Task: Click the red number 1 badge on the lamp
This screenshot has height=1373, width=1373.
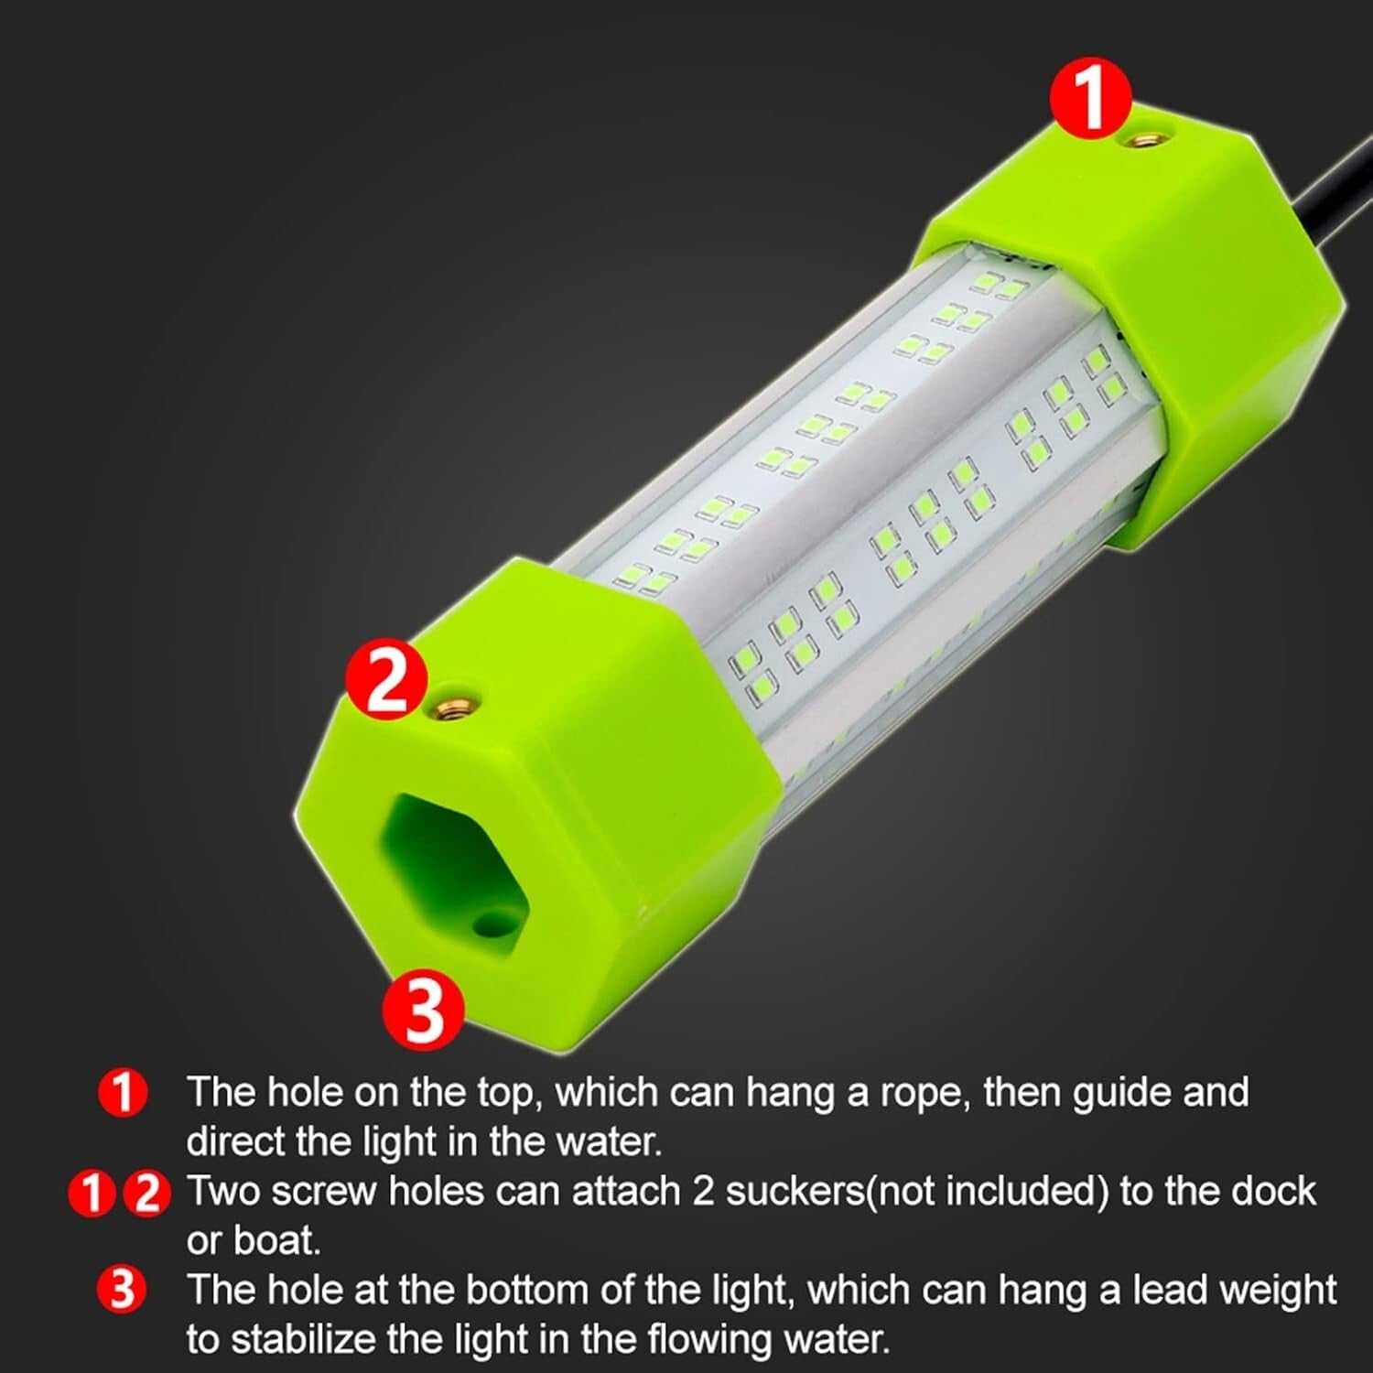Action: (x=1091, y=97)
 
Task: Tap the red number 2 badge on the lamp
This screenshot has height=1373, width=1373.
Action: (x=385, y=680)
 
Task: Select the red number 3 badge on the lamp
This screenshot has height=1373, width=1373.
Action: (x=424, y=1010)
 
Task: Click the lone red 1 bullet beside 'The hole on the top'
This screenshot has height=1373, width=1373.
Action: (x=123, y=1093)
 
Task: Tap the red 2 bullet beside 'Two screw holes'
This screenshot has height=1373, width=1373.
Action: (x=147, y=1194)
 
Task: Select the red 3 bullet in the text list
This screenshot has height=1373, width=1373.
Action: (x=123, y=1291)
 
